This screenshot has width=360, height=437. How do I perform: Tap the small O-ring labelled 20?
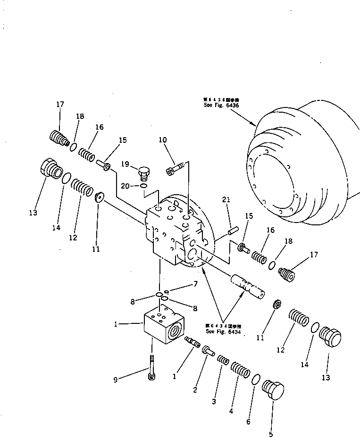(x=143, y=186)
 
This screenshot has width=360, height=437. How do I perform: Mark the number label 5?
(x=270, y=434)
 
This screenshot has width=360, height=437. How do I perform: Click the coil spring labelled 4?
(x=240, y=372)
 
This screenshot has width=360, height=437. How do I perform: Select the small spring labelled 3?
(x=224, y=361)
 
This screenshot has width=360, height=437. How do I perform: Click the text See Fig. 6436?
(x=221, y=106)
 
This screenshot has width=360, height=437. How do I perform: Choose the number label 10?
(x=163, y=140)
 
